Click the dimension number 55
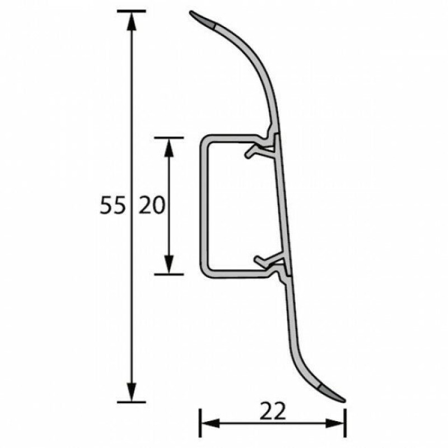point(113,206)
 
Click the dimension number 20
point(152,206)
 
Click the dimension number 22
point(273,412)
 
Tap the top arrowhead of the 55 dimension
point(132,21)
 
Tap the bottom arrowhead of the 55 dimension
point(132,393)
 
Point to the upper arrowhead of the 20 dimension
point(169,147)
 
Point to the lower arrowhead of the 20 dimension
point(169,264)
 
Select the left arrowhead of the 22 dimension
point(211,423)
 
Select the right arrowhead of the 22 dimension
point(335,423)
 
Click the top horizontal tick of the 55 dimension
point(132,11)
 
